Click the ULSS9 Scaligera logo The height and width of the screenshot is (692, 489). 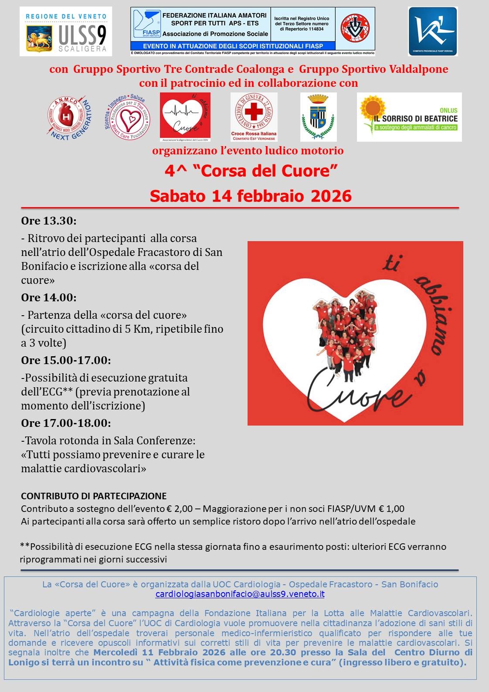(66, 31)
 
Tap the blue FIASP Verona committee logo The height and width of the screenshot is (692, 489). (432, 31)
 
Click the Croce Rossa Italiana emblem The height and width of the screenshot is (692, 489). (254, 116)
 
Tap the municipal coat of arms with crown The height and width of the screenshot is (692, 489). (318, 117)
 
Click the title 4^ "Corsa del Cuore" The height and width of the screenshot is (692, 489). (251, 171)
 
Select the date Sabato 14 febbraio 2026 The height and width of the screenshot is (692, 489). (251, 196)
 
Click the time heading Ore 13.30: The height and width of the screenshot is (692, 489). (49, 221)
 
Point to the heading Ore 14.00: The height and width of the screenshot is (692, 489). (49, 298)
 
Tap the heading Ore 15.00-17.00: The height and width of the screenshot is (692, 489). (66, 361)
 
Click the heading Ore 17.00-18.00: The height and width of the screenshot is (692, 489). (66, 423)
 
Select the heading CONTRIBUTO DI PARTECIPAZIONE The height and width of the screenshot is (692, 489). (94, 496)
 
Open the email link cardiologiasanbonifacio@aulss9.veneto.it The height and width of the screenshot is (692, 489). (240, 594)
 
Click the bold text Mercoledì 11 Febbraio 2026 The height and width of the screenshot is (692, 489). (160, 653)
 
